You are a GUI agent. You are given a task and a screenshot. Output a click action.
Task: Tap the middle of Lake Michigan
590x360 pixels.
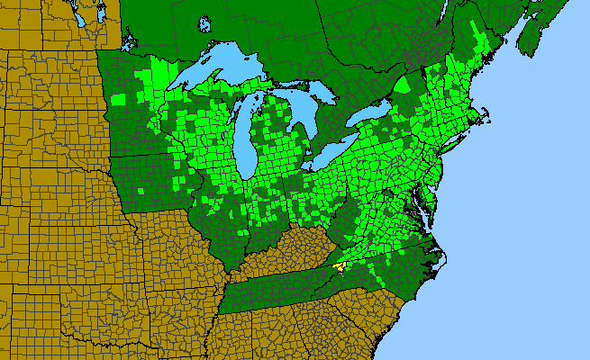point(245,135)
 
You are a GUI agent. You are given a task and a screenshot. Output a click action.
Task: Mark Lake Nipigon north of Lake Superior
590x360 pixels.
point(204,23)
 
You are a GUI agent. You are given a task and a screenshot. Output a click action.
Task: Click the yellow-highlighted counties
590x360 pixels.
point(340,265)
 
